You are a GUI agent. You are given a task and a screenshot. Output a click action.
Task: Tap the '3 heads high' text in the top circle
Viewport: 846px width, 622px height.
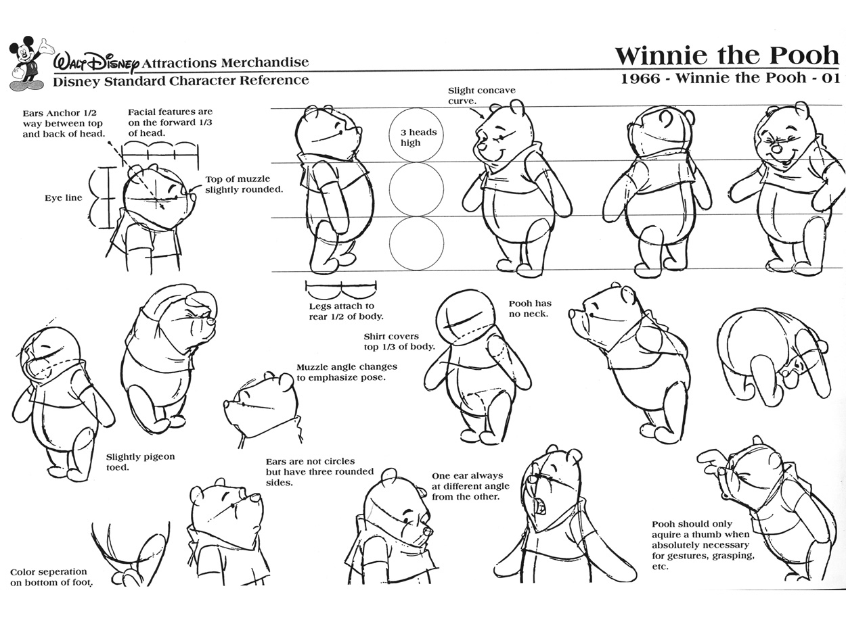coord(417,137)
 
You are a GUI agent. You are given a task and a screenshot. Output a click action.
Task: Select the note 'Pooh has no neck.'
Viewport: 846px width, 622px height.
coord(530,309)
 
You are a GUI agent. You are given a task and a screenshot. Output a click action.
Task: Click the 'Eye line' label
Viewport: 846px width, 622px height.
coord(64,198)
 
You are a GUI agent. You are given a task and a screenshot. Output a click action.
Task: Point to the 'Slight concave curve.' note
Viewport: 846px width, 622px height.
coord(481,96)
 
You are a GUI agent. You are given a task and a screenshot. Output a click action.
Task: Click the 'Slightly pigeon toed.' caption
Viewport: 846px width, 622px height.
coord(140,462)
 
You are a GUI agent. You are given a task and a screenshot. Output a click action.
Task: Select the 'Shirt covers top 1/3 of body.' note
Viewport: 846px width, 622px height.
coord(399,341)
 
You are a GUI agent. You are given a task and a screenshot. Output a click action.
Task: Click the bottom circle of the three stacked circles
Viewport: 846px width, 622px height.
coord(417,243)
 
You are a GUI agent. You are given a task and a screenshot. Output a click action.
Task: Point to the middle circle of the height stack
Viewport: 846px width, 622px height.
coord(417,190)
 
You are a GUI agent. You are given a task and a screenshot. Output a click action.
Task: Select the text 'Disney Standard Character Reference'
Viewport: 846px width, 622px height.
coord(181,80)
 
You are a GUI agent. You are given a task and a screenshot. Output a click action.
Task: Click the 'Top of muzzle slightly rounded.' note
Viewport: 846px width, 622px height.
coord(244,184)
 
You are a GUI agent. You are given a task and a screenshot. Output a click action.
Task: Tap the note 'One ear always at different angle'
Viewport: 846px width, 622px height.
coord(466,486)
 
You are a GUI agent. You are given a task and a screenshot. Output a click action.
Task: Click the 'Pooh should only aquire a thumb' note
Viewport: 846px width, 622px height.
coord(701,545)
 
